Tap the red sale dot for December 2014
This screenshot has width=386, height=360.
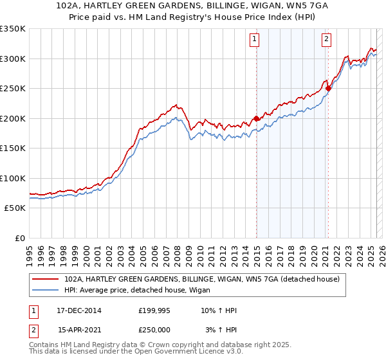[x=257, y=118]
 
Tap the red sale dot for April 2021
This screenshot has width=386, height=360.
[x=328, y=88]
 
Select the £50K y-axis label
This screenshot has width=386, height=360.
[x=15, y=208]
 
